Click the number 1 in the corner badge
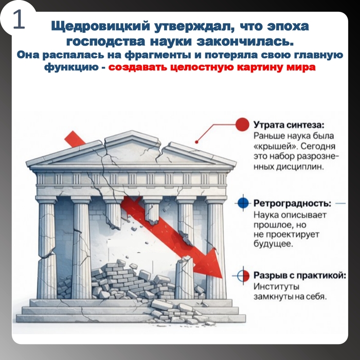pos(19,20)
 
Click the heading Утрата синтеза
pos(289,125)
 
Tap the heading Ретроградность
pos(292,203)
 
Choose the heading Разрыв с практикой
pos(300,275)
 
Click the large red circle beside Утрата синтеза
pos(242,124)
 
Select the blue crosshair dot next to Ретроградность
pos(243,203)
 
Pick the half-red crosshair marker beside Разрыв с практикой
pos(243,276)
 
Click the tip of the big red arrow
pos(222,278)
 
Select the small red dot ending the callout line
pos(196,142)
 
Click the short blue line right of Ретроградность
pos(340,204)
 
